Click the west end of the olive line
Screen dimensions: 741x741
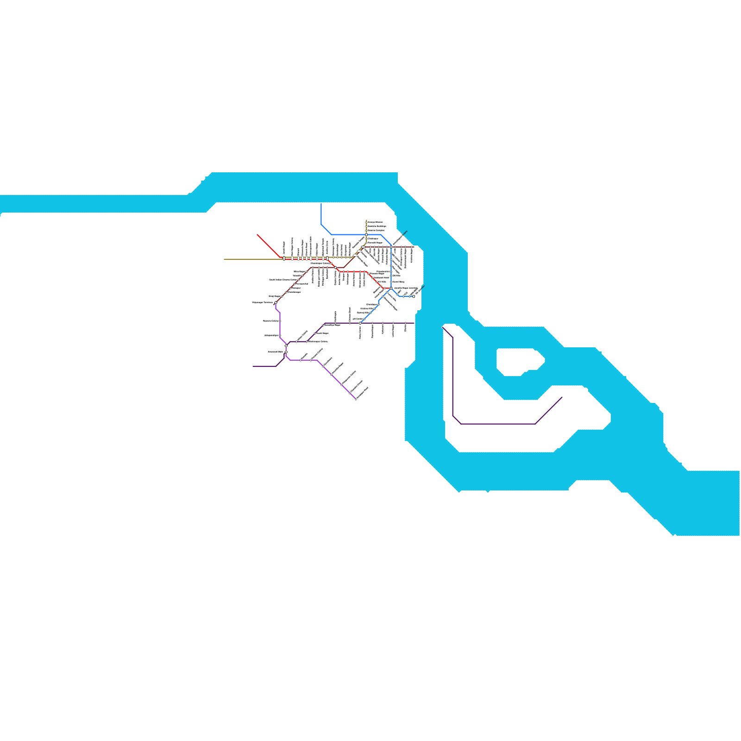tap(225, 259)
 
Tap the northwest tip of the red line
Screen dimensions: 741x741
tap(257, 235)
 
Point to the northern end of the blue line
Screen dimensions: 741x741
tap(321, 204)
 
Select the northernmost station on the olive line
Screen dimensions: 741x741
tap(366, 222)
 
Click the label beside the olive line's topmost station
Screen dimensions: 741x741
tap(376, 222)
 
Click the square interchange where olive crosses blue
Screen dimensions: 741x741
tap(366, 235)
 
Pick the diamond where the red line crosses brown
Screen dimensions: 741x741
tap(335, 267)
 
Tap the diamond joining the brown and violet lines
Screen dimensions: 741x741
tap(276, 303)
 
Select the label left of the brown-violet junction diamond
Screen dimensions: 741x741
tap(262, 303)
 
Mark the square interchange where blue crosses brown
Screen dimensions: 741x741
tap(391, 247)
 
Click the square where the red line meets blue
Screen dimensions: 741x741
tap(391, 288)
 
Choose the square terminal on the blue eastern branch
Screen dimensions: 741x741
tap(413, 296)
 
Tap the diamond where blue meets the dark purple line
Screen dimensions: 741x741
tap(360, 323)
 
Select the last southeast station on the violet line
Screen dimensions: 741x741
tap(356, 399)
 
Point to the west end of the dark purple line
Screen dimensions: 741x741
tap(253, 366)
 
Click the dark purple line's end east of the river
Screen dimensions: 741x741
tap(562, 397)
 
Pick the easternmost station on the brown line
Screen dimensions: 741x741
tap(412, 247)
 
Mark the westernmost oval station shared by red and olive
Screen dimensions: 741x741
tap(284, 258)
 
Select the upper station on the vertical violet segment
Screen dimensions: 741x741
tap(280, 321)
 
